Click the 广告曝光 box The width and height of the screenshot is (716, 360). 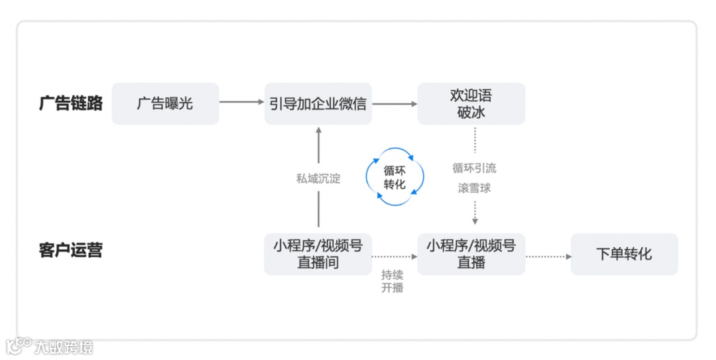[165, 103]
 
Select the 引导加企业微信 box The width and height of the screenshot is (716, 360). [318, 103]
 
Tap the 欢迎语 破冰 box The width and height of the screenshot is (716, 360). [471, 103]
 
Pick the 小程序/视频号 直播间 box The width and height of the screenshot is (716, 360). [318, 254]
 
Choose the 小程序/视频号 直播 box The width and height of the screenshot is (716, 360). [471, 254]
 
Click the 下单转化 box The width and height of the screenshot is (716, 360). [624, 254]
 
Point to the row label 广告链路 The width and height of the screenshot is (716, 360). [71, 103]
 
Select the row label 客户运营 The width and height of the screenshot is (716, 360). [71, 251]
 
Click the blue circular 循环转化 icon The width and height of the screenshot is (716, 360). [395, 177]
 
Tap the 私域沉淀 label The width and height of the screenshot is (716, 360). [318, 178]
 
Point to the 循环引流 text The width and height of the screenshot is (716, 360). [474, 168]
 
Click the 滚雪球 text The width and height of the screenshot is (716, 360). [474, 188]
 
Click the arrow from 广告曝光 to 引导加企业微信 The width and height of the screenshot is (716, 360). [241, 102]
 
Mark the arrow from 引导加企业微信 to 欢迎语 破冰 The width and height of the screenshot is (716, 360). [394, 103]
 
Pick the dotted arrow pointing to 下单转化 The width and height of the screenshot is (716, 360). [548, 256]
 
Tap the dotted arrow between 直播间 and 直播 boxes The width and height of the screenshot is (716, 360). [394, 256]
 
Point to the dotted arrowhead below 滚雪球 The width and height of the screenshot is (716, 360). [475, 221]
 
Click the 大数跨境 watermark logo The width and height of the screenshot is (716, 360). [49, 346]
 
